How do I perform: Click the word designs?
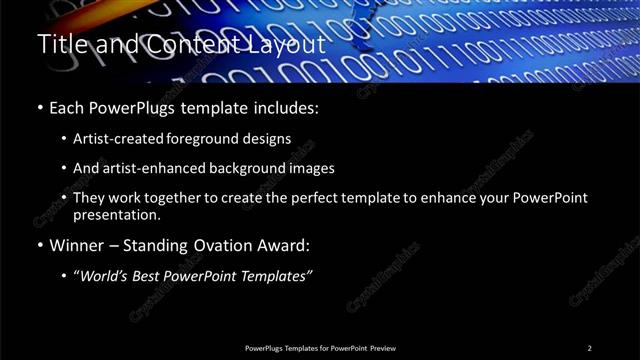click(x=269, y=139)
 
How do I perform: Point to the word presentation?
click(x=116, y=214)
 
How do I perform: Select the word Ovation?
click(x=230, y=245)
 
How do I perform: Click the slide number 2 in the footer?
click(x=589, y=348)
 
